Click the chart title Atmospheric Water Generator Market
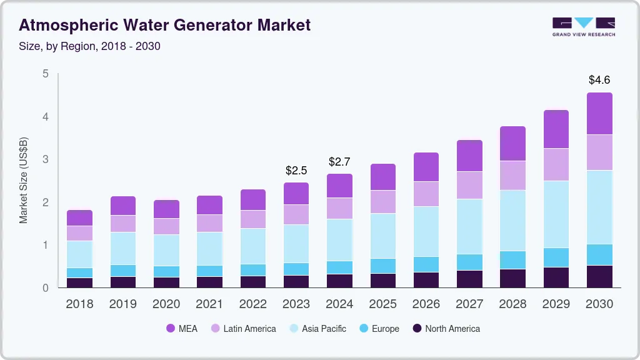(x=164, y=25)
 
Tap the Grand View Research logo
(x=583, y=26)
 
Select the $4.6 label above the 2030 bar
(x=599, y=80)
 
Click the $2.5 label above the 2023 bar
(x=296, y=170)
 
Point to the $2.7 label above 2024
(x=339, y=162)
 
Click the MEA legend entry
(x=182, y=328)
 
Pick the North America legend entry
(x=446, y=328)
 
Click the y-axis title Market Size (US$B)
(x=23, y=181)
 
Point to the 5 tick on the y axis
(x=45, y=74)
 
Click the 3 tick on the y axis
(x=45, y=159)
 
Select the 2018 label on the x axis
(x=79, y=304)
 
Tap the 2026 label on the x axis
(x=426, y=304)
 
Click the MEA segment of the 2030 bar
(x=599, y=114)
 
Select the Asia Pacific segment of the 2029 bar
(x=556, y=214)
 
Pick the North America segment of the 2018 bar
(x=79, y=282)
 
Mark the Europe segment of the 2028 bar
(x=512, y=260)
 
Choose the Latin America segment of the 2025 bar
(x=382, y=202)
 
